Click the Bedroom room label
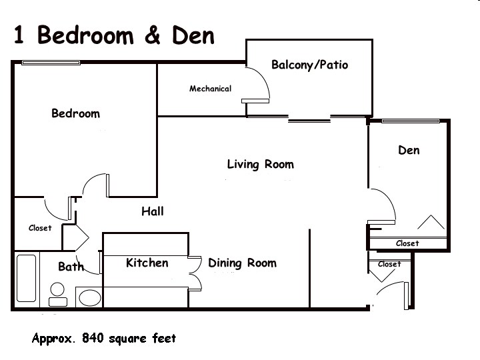click(x=75, y=113)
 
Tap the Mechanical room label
click(x=210, y=89)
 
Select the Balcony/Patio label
click(x=309, y=65)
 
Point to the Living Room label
click(x=261, y=165)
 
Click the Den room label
click(x=409, y=150)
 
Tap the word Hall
click(x=153, y=211)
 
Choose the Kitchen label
click(x=147, y=263)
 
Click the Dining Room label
click(x=242, y=263)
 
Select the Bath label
click(x=71, y=267)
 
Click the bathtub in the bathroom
click(x=26, y=278)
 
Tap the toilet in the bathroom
click(x=57, y=294)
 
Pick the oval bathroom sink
click(x=90, y=298)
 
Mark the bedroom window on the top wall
click(x=51, y=63)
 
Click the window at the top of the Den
click(x=411, y=121)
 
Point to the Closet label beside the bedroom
click(x=40, y=228)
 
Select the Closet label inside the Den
click(x=407, y=243)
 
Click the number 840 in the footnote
click(x=93, y=338)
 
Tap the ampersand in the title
click(x=153, y=35)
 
